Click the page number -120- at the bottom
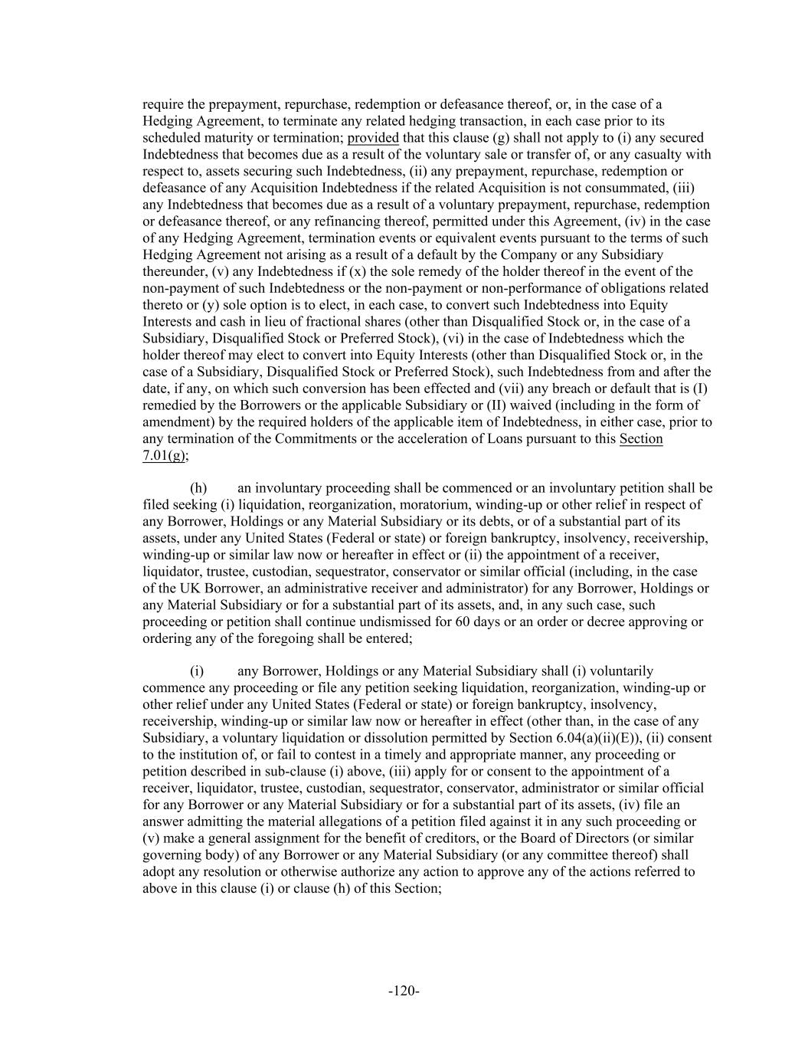pyautogui.click(x=404, y=991)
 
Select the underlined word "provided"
pyautogui.click(x=373, y=138)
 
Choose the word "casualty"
pyautogui.click(x=660, y=155)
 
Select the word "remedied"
pyautogui.click(x=169, y=405)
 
